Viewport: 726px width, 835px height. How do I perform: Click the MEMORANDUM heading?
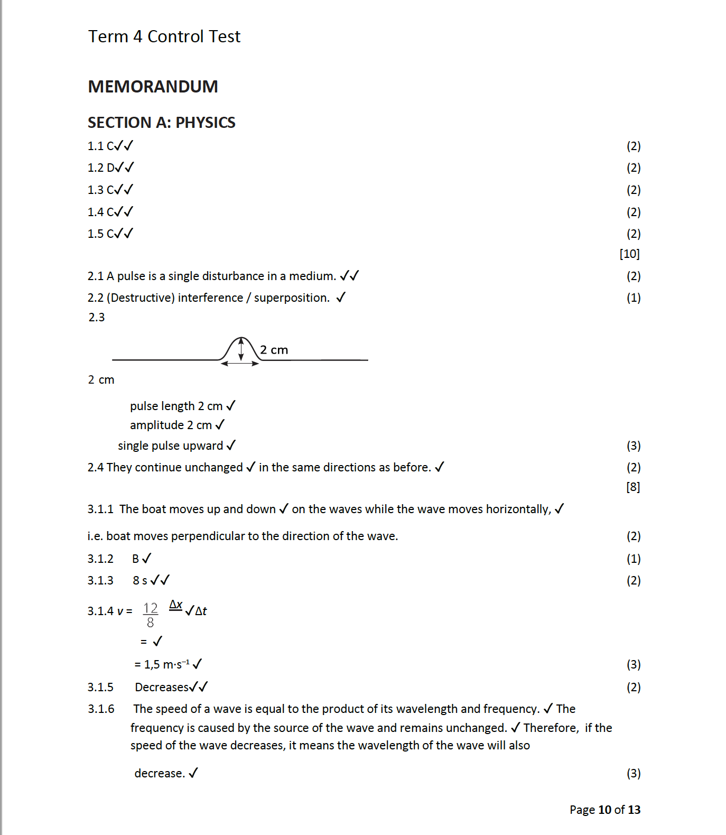point(153,87)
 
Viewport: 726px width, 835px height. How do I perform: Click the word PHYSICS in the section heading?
point(205,123)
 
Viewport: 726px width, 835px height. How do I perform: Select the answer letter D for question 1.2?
point(110,168)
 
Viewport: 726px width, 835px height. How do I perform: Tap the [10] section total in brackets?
point(629,254)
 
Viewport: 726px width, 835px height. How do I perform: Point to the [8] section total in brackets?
point(632,487)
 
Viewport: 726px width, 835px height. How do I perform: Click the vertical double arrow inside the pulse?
point(241,349)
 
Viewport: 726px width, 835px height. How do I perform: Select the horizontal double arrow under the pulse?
point(240,364)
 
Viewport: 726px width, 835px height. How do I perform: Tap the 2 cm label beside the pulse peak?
point(274,350)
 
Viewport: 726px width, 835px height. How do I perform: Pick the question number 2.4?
point(96,468)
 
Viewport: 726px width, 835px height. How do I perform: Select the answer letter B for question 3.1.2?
point(136,559)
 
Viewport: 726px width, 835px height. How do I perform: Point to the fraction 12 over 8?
point(151,615)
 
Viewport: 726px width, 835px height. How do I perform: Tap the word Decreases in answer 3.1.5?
point(162,688)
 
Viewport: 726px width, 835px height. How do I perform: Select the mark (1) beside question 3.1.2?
point(633,559)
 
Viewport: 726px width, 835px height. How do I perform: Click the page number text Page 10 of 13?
point(604,810)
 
